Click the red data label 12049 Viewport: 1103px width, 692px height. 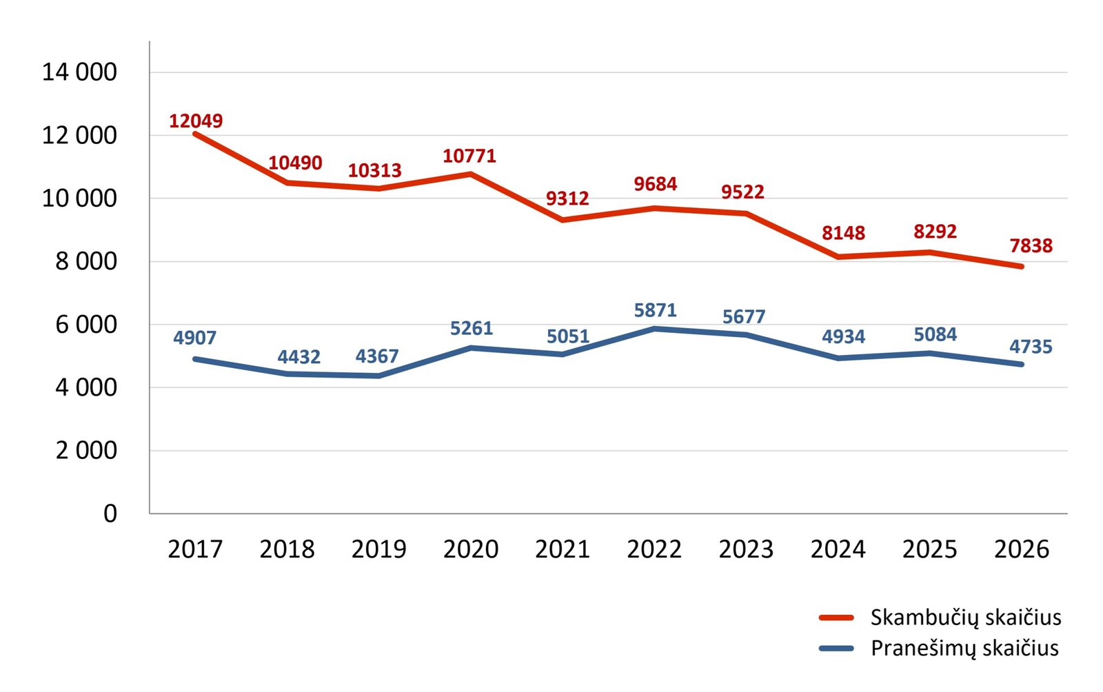tap(196, 121)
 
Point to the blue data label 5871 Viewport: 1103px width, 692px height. tap(655, 310)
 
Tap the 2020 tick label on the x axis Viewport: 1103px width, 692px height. tap(471, 549)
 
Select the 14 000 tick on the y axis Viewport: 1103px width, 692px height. tap(79, 72)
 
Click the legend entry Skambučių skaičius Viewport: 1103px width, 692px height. tap(965, 617)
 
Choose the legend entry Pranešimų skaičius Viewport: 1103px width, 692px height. tap(964, 648)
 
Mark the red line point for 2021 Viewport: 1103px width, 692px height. tap(563, 220)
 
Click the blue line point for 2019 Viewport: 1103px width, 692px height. tap(379, 376)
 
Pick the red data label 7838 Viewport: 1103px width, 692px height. tap(1031, 245)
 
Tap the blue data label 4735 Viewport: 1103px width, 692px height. tap(1031, 347)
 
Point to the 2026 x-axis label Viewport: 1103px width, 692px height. tap(1022, 549)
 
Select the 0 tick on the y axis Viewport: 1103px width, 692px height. tap(110, 513)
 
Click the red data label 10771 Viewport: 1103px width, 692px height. tap(469, 156)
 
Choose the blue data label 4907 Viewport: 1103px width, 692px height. tap(194, 338)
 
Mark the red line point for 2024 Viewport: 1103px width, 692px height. tap(838, 256)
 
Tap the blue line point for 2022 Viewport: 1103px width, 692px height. tap(654, 329)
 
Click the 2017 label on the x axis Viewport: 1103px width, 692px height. tap(195, 549)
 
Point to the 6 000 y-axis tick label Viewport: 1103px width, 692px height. tap(86, 324)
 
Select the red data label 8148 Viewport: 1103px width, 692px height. tap(843, 233)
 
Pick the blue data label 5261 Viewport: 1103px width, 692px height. tap(472, 328)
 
